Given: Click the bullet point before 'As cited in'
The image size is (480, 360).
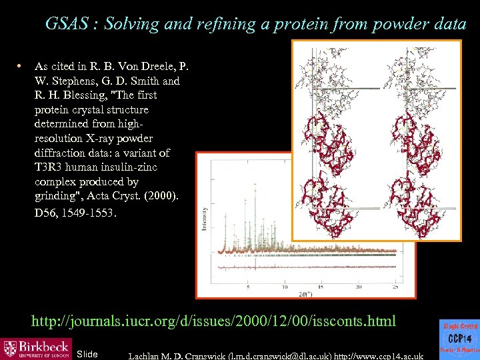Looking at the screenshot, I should click(21, 66).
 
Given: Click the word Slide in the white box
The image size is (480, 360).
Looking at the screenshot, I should click(87, 353).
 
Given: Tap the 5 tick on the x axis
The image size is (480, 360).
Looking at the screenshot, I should click(248, 287).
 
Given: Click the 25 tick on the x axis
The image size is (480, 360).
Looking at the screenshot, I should click(396, 287).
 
